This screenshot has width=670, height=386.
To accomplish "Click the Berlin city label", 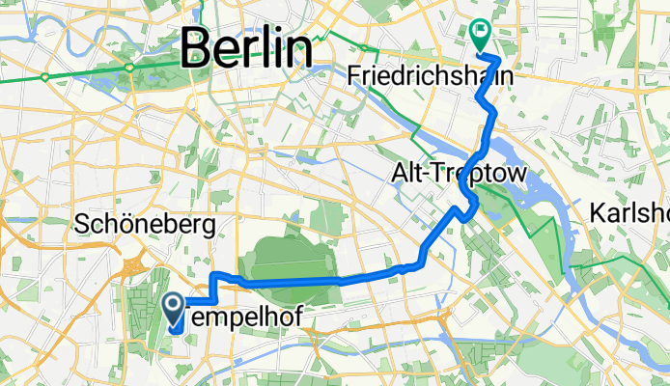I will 248,47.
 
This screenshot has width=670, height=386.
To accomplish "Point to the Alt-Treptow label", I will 458,175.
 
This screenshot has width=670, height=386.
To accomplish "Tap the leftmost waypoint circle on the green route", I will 45,76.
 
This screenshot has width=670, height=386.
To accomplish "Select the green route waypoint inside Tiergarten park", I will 129,67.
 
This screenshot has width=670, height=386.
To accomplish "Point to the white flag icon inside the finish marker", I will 480,31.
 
